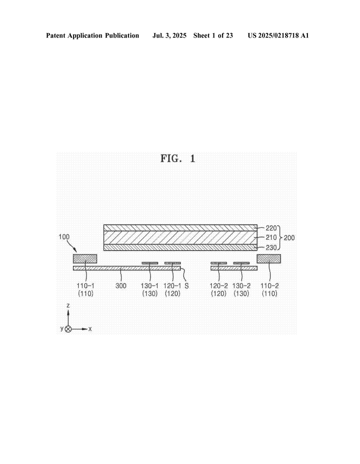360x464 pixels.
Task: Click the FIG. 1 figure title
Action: click(178, 159)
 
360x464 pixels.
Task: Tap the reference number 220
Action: click(271, 228)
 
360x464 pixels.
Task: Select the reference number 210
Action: click(271, 237)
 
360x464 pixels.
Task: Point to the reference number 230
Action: click(271, 247)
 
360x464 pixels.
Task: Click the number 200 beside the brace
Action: click(289, 237)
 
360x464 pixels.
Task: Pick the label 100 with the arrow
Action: click(64, 237)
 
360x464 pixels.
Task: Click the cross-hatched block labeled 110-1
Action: click(85, 259)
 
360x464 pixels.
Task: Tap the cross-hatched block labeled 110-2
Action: click(269, 259)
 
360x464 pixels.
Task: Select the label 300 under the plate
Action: click(121, 286)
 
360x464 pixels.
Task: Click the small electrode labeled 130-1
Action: click(150, 263)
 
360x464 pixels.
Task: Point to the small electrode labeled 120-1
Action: click(173, 263)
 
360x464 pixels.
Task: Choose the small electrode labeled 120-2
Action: click(219, 263)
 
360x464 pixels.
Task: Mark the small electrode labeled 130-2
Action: click(242, 263)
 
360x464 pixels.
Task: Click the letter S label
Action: click(186, 286)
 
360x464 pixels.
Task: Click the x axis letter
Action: click(90, 329)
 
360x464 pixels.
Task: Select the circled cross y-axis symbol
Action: click(68, 329)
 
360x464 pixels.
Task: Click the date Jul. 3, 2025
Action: click(169, 36)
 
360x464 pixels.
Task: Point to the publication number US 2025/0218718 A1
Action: click(278, 36)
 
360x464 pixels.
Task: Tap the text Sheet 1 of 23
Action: click(213, 36)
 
